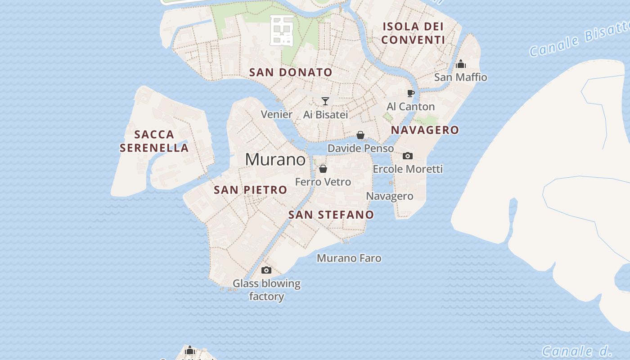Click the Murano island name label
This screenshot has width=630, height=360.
tap(275, 160)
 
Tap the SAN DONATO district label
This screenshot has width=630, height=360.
tap(291, 72)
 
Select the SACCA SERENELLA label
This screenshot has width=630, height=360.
tap(154, 141)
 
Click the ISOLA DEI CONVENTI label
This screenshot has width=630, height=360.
tap(413, 33)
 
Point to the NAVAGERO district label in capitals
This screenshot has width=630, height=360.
tap(425, 130)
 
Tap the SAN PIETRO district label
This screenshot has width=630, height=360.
tap(250, 190)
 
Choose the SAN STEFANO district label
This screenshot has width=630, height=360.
tap(331, 215)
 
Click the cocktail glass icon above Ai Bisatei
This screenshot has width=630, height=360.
tap(325, 101)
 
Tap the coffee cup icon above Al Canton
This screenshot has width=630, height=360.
tap(410, 93)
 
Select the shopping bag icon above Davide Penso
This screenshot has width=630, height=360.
tap(360, 135)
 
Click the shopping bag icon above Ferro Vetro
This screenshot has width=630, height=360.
tap(323, 169)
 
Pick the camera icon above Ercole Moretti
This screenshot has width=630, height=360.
tap(408, 156)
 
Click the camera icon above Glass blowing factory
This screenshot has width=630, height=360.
tap(266, 270)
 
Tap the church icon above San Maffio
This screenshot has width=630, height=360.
tap(460, 64)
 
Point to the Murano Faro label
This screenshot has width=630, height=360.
tap(349, 258)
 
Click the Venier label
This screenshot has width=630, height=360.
tap(277, 114)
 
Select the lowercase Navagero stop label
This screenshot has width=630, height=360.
tap(389, 196)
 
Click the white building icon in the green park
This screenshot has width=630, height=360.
tap(282, 30)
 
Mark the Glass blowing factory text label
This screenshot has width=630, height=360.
tap(266, 290)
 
